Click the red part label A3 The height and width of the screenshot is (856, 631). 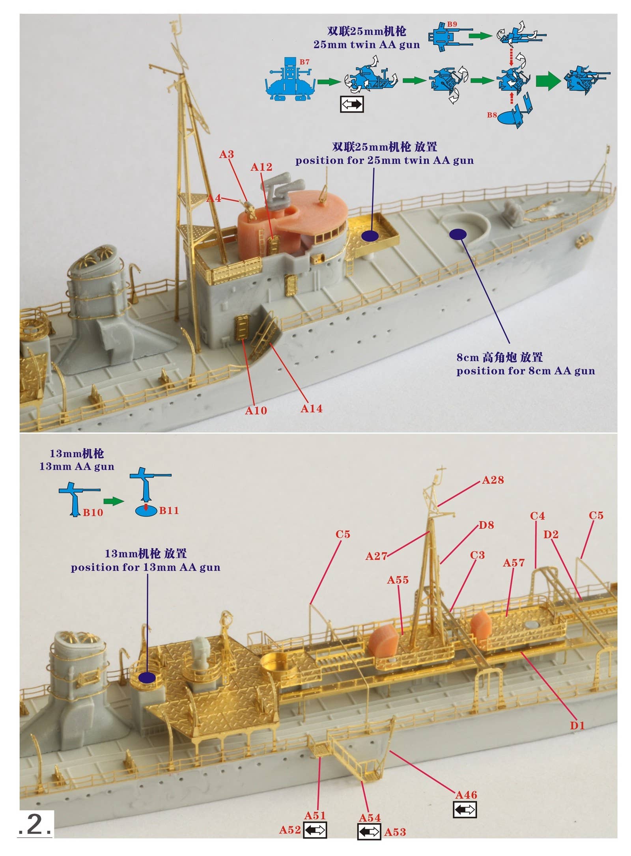[226, 155]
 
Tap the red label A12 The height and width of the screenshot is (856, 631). [261, 167]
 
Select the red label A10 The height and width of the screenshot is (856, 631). [256, 411]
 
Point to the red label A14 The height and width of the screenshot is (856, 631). [311, 408]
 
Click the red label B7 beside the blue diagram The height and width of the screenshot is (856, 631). [304, 62]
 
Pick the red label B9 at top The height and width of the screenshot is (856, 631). [452, 24]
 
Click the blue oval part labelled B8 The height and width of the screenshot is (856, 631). [508, 118]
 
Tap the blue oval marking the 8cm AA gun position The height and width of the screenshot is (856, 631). [458, 234]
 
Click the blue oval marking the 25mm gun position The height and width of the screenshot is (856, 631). [370, 236]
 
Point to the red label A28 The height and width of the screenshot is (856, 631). [493, 480]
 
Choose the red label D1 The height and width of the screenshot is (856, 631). [577, 725]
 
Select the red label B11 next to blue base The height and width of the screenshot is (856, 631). [169, 511]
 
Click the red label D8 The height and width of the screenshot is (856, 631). [486, 525]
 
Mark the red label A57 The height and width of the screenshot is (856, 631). [513, 563]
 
